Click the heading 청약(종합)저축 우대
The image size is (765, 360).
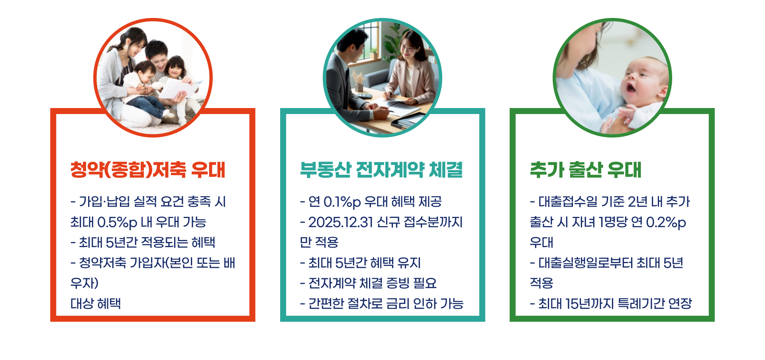pos(148,169)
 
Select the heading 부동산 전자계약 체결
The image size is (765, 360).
pos(381,169)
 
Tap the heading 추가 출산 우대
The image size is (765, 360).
pos(585,169)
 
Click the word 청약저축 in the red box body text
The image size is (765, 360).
pos(102,263)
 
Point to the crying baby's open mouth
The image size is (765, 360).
pos(631,87)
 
